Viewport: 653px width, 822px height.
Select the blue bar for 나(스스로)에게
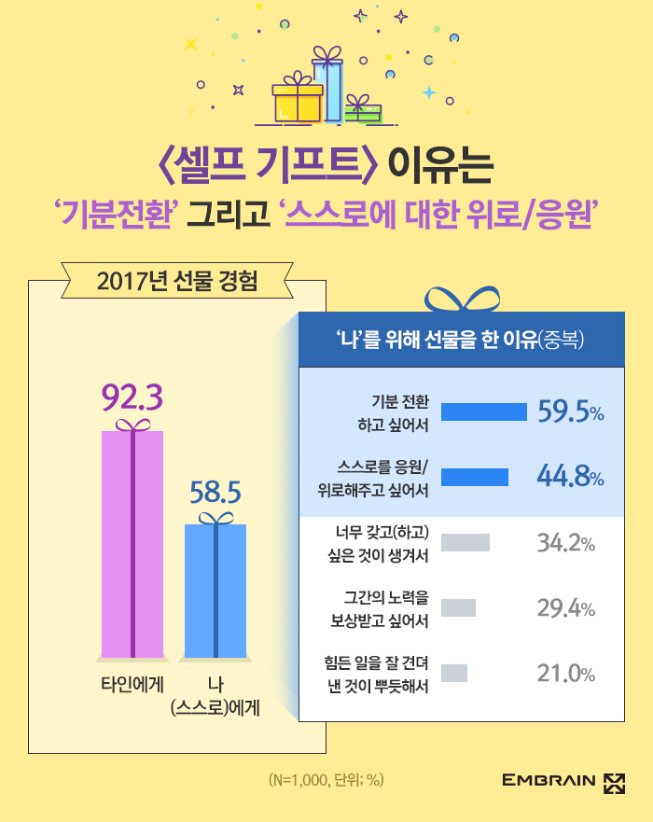coord(215,592)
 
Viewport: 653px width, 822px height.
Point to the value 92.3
coord(132,398)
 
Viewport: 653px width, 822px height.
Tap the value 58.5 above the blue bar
coord(215,492)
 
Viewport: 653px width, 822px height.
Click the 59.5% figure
coord(570,412)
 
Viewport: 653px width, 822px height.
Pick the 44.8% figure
coord(570,477)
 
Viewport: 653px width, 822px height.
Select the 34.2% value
coord(566,542)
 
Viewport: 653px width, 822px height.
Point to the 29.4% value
coord(566,608)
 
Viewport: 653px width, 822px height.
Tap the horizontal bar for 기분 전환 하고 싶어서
coord(484,412)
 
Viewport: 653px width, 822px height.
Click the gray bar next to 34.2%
coord(465,542)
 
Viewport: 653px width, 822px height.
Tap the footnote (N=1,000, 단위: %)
coord(326,780)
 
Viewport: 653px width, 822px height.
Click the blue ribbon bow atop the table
coord(462,300)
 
